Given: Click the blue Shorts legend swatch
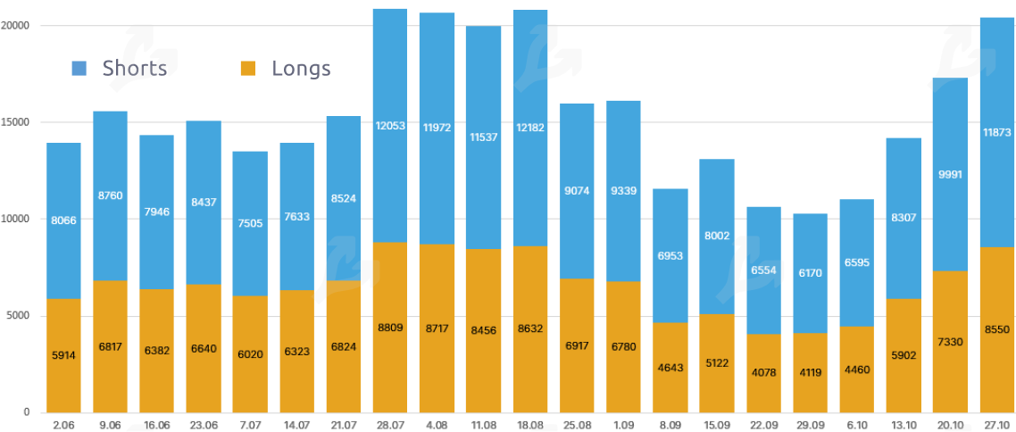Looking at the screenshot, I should pos(79,68).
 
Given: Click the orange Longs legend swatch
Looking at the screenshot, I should pos(249,68).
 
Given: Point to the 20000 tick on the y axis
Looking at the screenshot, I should pos(16,26).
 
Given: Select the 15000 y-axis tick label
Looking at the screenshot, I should pos(16,122).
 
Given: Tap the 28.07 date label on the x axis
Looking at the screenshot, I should pos(390,425).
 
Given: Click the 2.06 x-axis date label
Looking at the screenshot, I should pos(64,425).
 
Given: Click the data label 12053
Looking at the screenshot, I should pos(390,126).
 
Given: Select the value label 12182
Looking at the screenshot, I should pos(530,127).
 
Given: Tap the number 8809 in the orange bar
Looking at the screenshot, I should pos(390,328).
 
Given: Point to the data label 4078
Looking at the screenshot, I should pos(763,372).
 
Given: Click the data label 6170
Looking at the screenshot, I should pos(810,272).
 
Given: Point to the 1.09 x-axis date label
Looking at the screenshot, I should pos(623,425).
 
